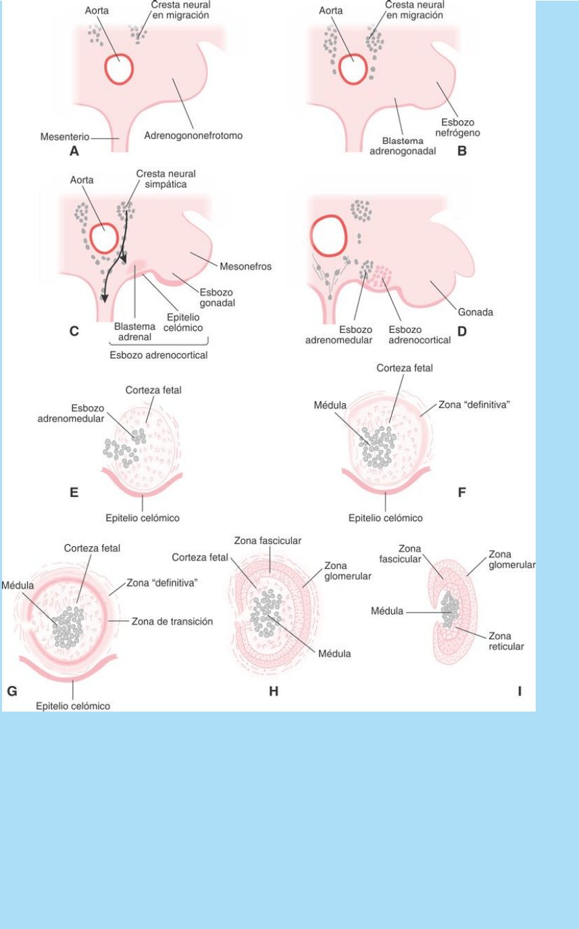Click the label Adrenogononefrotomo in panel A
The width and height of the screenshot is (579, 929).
(x=194, y=135)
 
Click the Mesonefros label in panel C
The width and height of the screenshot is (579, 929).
(x=249, y=267)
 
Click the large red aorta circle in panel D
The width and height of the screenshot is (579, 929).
(x=328, y=239)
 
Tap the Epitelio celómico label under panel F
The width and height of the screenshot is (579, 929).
(x=386, y=518)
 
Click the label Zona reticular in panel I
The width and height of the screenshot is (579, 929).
(x=503, y=641)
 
